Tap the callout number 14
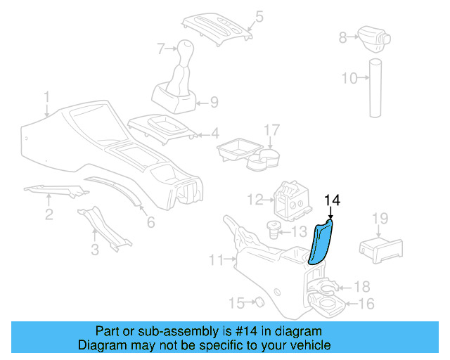[332, 200]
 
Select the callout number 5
[258, 15]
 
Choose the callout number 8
[343, 37]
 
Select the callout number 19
[379, 219]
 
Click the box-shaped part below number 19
[380, 248]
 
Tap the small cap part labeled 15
[257, 302]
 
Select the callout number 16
[366, 304]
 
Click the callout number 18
[361, 286]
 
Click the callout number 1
[46, 96]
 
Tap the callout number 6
[150, 223]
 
